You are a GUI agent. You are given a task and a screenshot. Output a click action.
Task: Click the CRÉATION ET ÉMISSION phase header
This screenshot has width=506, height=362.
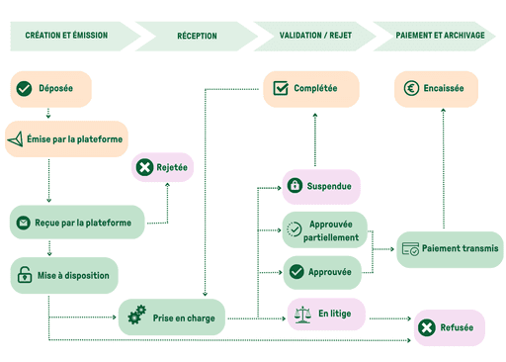pos(67,35)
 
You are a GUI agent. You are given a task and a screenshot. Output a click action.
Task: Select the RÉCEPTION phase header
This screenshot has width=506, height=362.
pos(197,35)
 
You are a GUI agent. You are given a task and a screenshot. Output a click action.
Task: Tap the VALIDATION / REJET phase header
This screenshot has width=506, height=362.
pos(315,35)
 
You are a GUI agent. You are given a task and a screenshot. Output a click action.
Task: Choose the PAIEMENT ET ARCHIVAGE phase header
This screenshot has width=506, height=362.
pos(440,35)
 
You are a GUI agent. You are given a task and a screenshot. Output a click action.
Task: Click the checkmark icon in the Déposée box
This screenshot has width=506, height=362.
pos(24,89)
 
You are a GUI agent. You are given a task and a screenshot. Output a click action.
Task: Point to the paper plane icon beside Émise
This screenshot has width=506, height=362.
pos(14,140)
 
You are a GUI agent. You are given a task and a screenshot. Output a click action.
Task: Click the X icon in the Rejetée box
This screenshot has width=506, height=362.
pos(144,167)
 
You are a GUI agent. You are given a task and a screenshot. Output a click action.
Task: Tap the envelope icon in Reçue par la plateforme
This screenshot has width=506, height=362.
pos(23,223)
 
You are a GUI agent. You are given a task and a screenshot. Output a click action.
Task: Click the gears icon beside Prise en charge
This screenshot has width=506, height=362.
pos(136,317)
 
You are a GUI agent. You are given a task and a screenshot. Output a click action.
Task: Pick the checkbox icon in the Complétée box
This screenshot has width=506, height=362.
pos(280,89)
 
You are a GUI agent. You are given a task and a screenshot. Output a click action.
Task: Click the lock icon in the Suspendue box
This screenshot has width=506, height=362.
pos(295,186)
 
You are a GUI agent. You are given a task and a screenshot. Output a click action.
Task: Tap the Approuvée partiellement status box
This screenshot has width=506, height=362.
pos(324,230)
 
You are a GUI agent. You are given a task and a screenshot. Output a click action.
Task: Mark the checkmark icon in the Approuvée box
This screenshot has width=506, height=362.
pos(295,271)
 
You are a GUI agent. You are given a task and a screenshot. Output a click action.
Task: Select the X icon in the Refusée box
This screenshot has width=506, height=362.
pos(426,327)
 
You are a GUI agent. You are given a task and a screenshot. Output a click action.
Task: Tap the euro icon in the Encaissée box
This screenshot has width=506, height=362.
pos(410,89)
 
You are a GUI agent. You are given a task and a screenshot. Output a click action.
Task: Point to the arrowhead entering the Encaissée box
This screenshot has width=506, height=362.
pos(443,112)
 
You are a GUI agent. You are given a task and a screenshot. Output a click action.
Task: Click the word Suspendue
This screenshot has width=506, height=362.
pos(330,186)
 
